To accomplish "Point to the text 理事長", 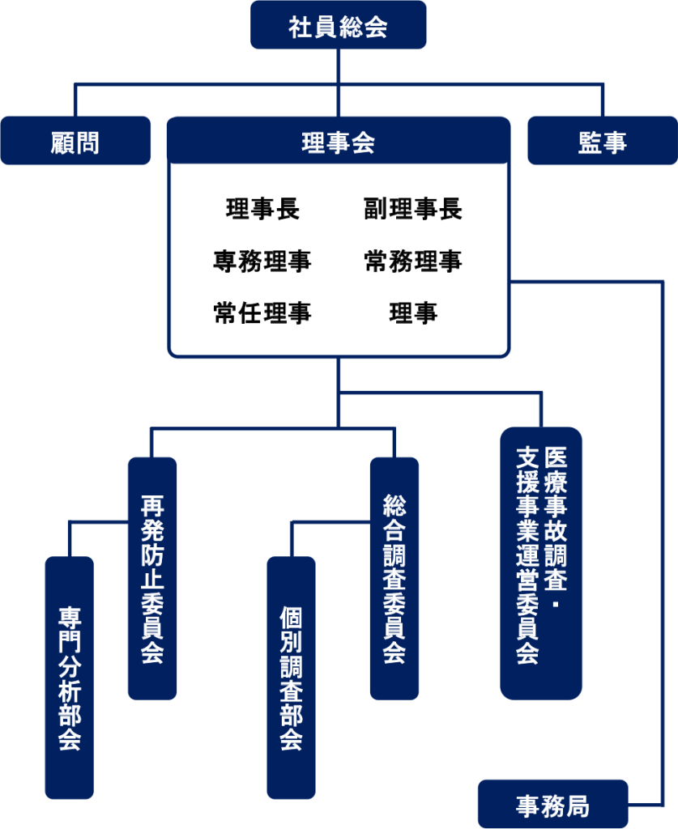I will coord(262,209).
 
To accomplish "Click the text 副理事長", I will coord(413,209).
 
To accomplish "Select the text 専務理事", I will coord(262,261).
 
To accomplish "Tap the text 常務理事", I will coord(413,261).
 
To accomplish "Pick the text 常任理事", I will coord(262,312).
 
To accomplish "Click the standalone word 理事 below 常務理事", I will coord(413,312).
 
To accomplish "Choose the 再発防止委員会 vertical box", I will coord(152,578).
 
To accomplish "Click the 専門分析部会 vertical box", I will coord(70,677).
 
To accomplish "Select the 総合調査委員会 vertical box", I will coord(394,578).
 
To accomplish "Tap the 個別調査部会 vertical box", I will coord(291,677).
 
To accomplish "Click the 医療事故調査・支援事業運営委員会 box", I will coord(540,563).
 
